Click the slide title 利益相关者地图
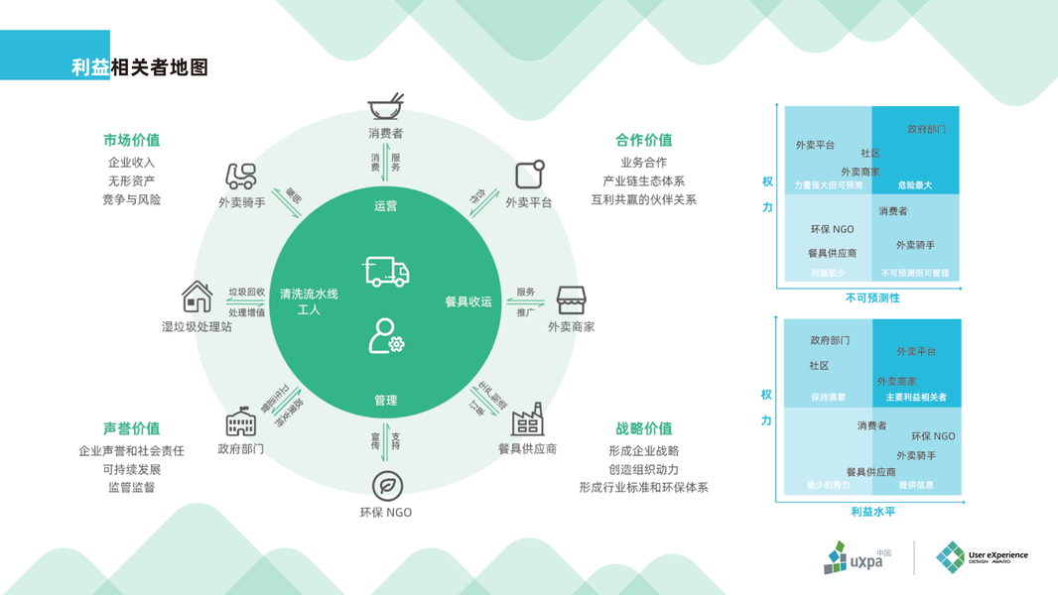140,67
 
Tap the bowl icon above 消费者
385,105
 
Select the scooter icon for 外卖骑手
241,176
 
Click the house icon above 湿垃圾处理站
197,297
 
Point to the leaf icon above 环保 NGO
386,485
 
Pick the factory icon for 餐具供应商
527,420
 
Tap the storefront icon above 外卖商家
571,298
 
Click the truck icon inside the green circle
386,271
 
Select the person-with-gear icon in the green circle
385,336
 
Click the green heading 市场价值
131,140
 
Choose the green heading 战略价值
643,428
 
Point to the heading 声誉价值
131,428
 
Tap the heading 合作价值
643,140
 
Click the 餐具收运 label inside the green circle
468,301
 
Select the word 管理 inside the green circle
385,400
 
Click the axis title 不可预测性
872,297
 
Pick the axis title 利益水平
872,512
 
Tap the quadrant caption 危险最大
915,185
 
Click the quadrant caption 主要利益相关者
916,398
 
